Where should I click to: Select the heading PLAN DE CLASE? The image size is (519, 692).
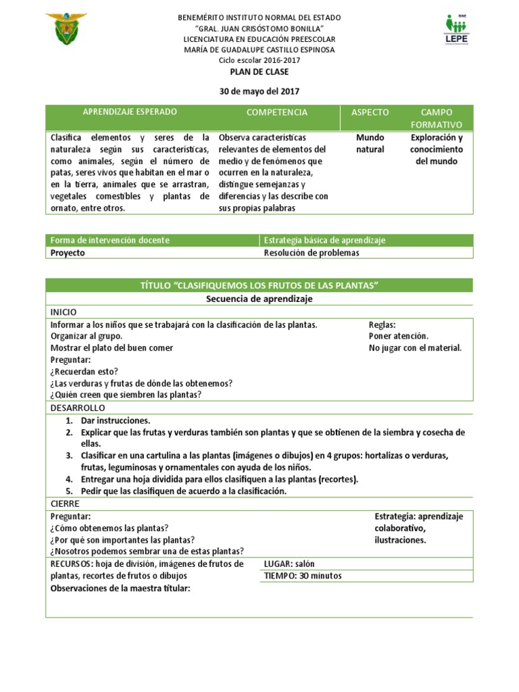pyautogui.click(x=259, y=72)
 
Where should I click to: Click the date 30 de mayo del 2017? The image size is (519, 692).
pyautogui.click(x=259, y=91)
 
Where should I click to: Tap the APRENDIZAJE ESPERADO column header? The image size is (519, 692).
pyautogui.click(x=130, y=112)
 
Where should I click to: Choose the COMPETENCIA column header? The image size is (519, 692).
pyautogui.click(x=276, y=112)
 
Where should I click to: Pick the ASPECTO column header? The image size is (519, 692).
pyautogui.click(x=370, y=112)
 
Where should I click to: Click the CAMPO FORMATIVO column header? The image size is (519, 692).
pyautogui.click(x=437, y=118)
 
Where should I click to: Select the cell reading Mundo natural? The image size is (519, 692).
pyautogui.click(x=370, y=143)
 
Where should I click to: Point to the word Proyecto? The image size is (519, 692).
pyautogui.click(x=68, y=253)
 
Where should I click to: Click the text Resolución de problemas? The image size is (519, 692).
pyautogui.click(x=312, y=253)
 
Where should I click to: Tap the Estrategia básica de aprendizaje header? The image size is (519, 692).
pyautogui.click(x=324, y=241)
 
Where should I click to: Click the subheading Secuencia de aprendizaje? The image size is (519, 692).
pyautogui.click(x=259, y=298)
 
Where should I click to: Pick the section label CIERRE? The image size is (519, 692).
pyautogui.click(x=66, y=503)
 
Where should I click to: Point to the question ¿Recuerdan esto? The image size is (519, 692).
pyautogui.click(x=84, y=371)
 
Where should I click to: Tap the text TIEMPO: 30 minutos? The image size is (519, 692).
pyautogui.click(x=303, y=576)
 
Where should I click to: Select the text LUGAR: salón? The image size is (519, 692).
pyautogui.click(x=289, y=564)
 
